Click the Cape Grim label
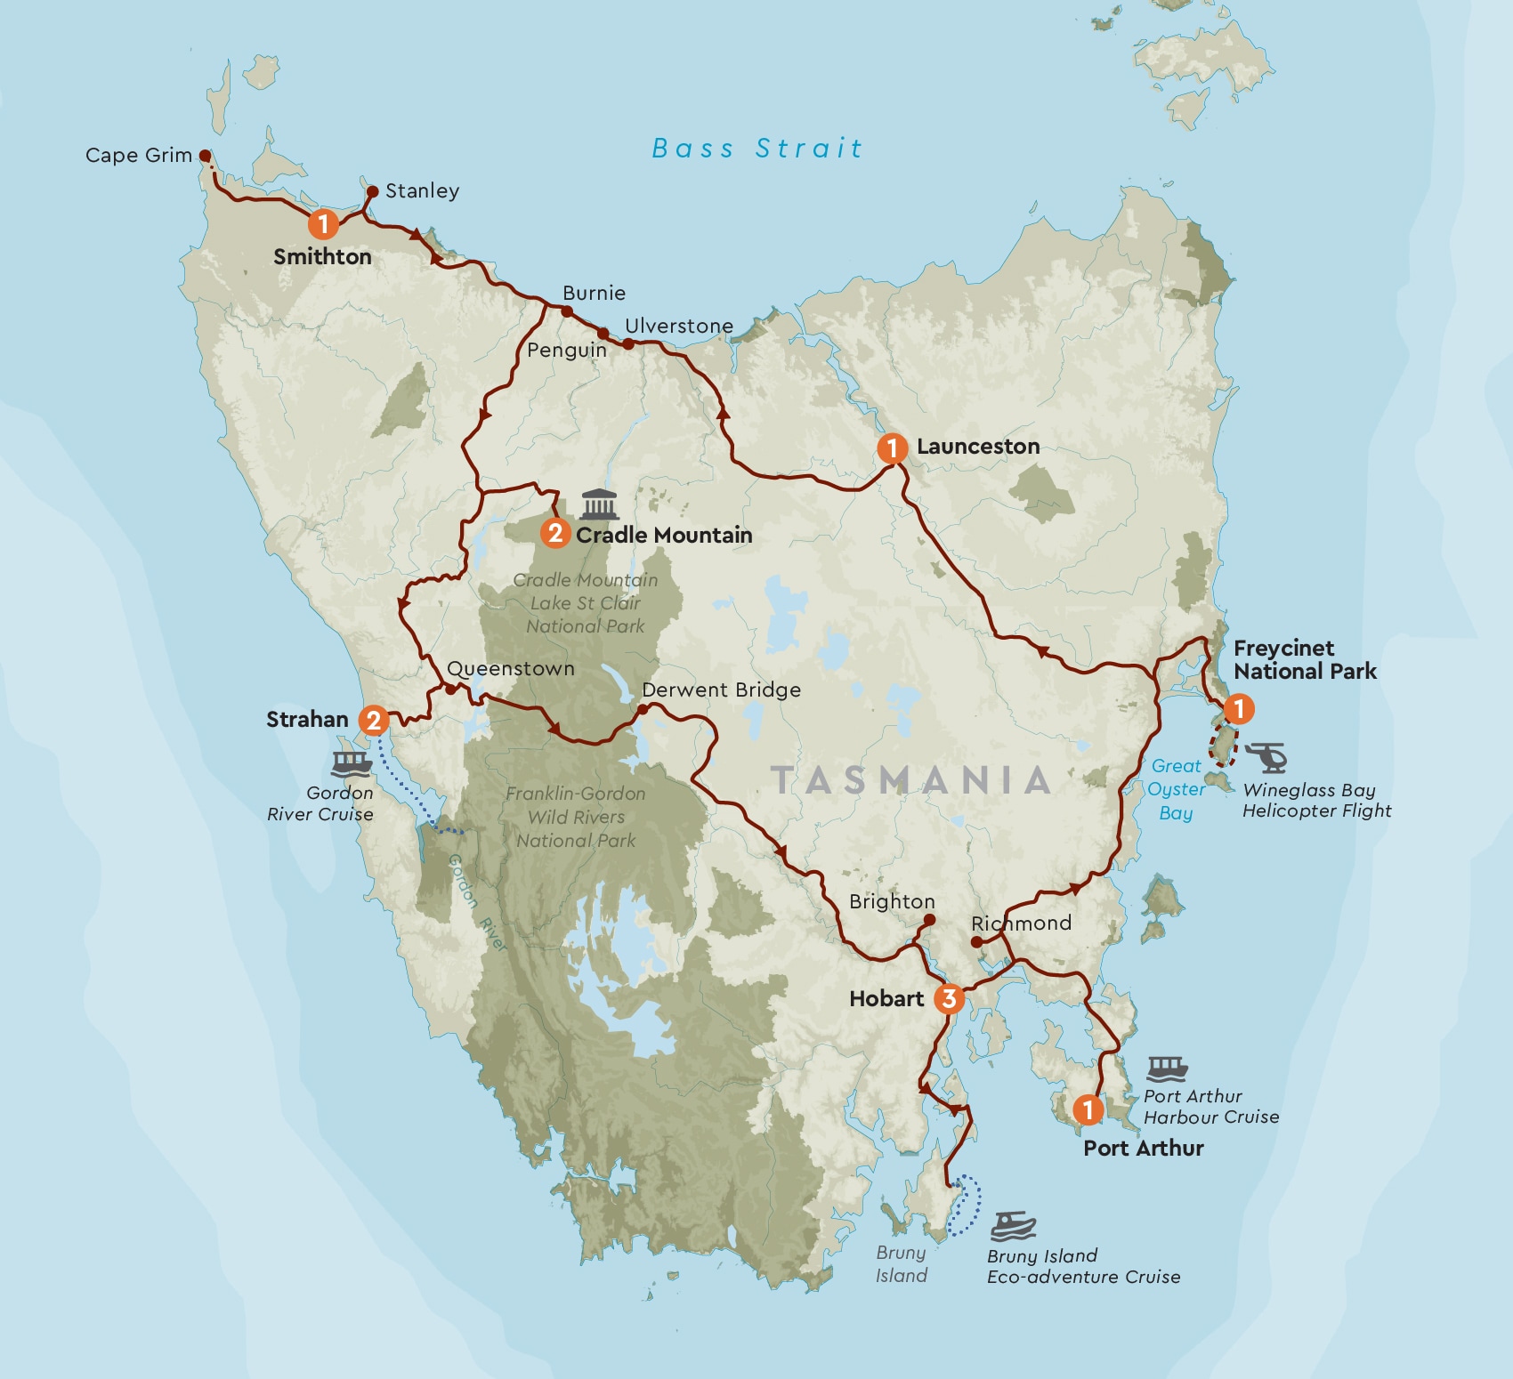point(139,156)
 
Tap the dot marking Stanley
point(373,191)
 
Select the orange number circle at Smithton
point(324,223)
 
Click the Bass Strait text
point(757,149)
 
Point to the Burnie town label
point(594,294)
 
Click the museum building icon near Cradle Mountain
point(599,504)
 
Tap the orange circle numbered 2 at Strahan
point(374,720)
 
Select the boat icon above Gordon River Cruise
point(352,763)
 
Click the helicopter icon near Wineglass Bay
point(1267,757)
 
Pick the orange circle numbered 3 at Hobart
point(950,999)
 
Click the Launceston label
point(977,447)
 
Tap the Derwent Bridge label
point(721,690)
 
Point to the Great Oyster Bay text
point(1176,789)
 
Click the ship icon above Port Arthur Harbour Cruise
point(1167,1068)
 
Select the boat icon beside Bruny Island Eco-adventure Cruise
point(1014,1226)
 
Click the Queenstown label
point(511,669)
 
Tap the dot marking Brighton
point(929,920)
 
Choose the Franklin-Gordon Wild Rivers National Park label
point(576,817)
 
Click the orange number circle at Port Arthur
point(1088,1109)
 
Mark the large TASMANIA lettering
point(911,780)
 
